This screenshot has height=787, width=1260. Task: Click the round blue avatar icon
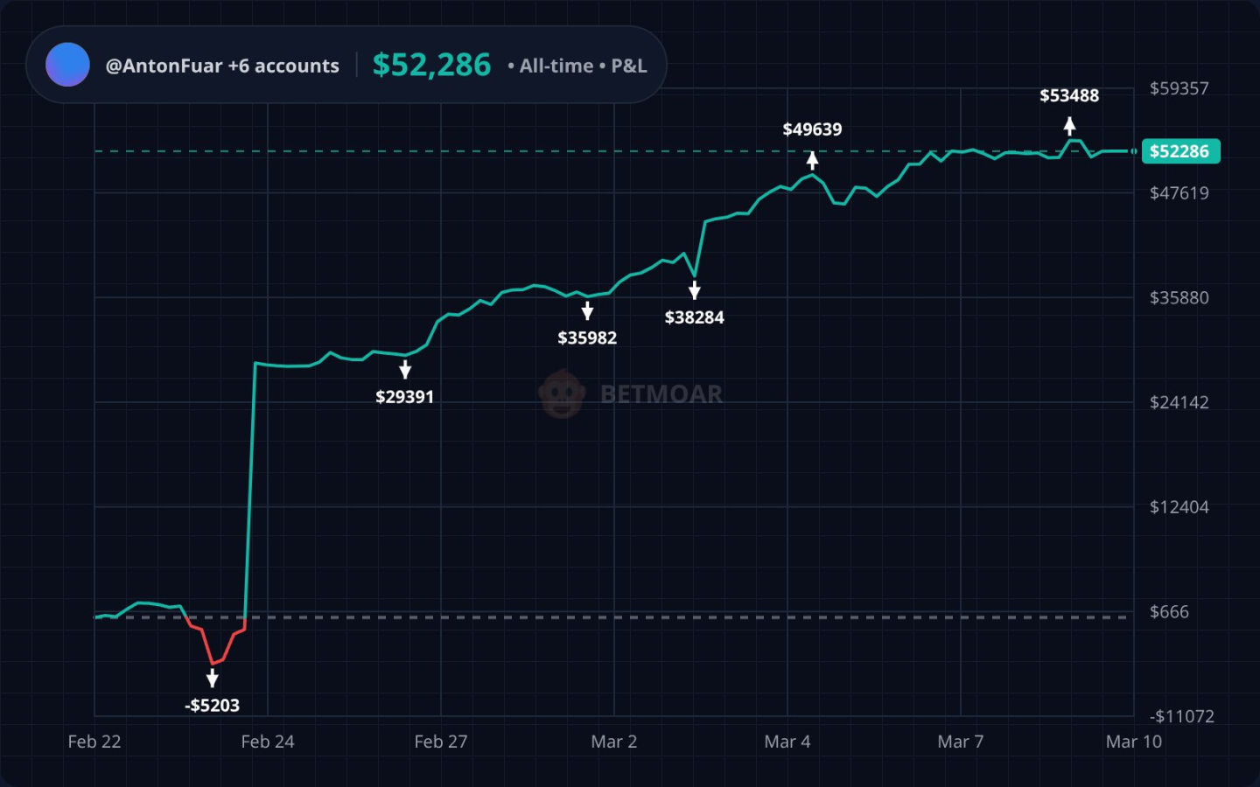(x=67, y=65)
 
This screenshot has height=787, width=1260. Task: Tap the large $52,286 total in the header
(x=431, y=65)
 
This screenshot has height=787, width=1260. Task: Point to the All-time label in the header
(x=556, y=66)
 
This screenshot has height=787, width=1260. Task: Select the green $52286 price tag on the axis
(x=1179, y=151)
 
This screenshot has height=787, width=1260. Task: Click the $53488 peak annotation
(x=1069, y=95)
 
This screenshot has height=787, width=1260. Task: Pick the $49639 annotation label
(x=812, y=129)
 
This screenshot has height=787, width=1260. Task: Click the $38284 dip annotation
(x=694, y=317)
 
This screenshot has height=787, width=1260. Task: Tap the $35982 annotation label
(x=587, y=338)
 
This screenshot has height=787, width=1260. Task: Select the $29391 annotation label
(x=404, y=397)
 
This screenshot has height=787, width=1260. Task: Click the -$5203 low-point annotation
(x=212, y=706)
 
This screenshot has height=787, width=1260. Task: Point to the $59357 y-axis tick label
(x=1179, y=88)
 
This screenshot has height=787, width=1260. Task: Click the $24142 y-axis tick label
(x=1179, y=402)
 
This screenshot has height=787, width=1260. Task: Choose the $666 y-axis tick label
(x=1169, y=612)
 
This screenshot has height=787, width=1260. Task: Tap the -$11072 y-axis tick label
(x=1181, y=716)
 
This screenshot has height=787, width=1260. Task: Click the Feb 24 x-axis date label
(x=268, y=742)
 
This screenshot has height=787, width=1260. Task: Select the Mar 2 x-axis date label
(x=613, y=742)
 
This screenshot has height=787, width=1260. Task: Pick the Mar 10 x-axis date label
(x=1133, y=742)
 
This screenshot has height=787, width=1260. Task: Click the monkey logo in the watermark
(x=562, y=394)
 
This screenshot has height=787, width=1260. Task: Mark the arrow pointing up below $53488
(x=1069, y=126)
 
